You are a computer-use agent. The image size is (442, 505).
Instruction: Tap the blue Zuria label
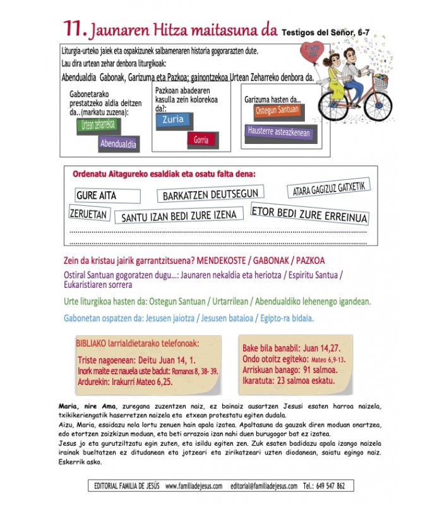[172, 121]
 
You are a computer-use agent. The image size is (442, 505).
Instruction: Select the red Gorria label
[201, 140]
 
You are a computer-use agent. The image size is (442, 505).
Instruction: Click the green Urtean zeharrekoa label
[98, 124]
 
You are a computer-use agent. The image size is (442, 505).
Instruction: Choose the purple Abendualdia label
[118, 144]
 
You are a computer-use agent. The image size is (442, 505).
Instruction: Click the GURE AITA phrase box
[96, 196]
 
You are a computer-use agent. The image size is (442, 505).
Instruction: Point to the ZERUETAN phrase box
[88, 214]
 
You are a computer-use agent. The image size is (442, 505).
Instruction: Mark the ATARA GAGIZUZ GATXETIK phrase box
[328, 188]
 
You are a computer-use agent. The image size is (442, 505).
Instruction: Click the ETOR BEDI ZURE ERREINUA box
[309, 214]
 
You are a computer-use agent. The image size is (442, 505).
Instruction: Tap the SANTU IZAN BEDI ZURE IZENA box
[179, 216]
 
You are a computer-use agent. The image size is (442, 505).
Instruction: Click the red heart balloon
[311, 52]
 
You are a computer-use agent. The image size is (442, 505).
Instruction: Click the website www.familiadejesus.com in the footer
[193, 485]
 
